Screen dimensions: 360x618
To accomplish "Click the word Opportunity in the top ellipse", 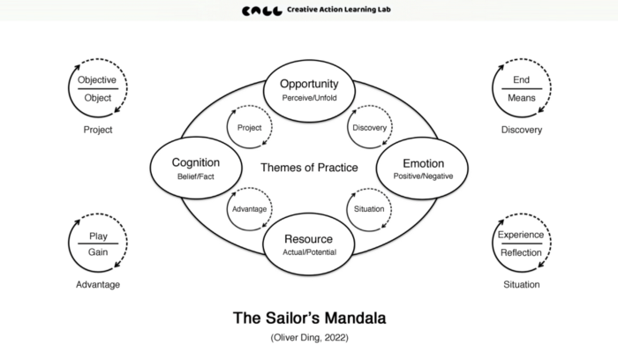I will (x=309, y=84).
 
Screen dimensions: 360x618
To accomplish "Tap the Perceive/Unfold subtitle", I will (x=309, y=98).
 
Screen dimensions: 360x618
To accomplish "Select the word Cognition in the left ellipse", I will (x=196, y=163).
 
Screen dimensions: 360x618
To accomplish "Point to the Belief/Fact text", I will (x=196, y=177).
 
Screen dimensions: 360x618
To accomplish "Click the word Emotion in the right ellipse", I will (x=423, y=163).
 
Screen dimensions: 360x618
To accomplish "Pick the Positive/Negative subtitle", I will (x=423, y=177).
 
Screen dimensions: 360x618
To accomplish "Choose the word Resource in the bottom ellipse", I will (x=309, y=239).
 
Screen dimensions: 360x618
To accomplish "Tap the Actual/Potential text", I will (x=309, y=253).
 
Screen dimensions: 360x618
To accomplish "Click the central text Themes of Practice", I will (x=309, y=167).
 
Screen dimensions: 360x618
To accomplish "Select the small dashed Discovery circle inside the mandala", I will (x=370, y=128).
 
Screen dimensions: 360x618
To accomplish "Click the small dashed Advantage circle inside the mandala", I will (x=249, y=208).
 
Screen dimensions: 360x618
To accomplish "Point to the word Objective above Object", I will (x=97, y=80).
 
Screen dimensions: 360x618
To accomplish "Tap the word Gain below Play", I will (x=97, y=252).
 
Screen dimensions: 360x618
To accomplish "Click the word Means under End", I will (x=521, y=98).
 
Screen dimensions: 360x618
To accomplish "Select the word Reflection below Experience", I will (x=521, y=252).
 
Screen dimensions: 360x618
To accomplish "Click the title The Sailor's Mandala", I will (x=309, y=317).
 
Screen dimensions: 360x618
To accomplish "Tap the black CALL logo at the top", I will (x=262, y=12).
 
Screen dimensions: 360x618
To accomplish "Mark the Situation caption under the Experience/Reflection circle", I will (x=521, y=285).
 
